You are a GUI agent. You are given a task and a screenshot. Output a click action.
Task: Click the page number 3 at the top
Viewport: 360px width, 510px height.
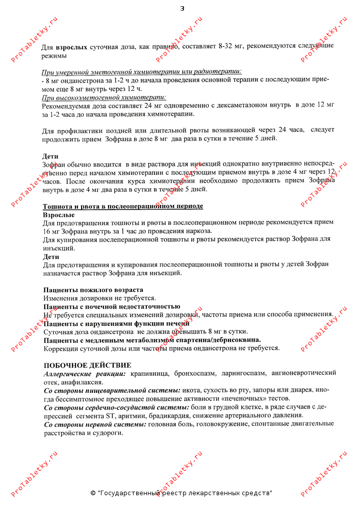[182, 9]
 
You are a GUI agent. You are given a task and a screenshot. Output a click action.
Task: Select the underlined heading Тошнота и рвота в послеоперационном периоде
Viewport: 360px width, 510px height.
[123, 206]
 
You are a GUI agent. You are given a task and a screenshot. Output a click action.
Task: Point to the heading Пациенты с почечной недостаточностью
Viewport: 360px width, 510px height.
[112, 307]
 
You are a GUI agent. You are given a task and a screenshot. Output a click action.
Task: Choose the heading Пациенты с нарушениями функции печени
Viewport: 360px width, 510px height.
[116, 323]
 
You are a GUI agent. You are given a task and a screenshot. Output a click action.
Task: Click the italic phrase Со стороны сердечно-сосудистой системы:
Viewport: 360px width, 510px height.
[116, 407]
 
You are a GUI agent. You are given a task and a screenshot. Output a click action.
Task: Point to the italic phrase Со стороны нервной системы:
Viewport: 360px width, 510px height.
[95, 424]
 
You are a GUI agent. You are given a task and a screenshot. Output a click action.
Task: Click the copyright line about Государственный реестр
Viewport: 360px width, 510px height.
[181, 493]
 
